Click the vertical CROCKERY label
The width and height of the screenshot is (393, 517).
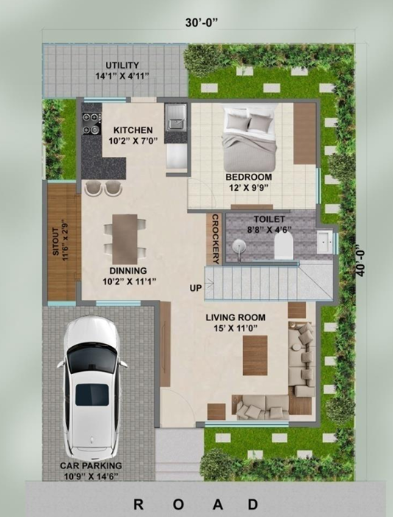pyautogui.click(x=216, y=239)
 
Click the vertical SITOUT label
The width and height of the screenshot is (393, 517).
pyautogui.click(x=60, y=238)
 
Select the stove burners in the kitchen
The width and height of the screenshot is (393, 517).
pyautogui.click(x=92, y=124)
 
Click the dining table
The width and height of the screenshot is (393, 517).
pyautogui.click(x=125, y=235)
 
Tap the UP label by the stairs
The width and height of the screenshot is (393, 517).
pyautogui.click(x=196, y=287)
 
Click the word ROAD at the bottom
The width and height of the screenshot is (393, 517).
pyautogui.click(x=196, y=504)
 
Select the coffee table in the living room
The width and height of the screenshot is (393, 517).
pyautogui.click(x=255, y=354)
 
